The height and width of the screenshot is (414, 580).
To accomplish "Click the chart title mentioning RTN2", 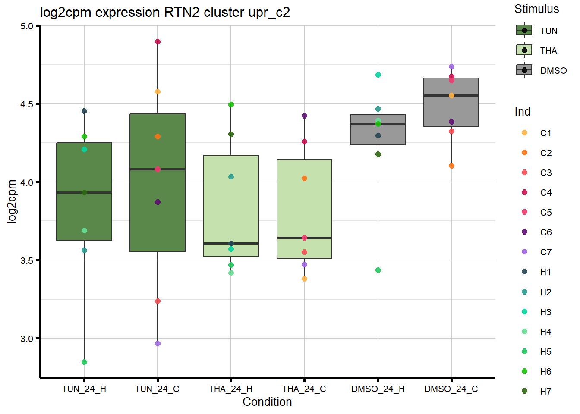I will [x=165, y=13].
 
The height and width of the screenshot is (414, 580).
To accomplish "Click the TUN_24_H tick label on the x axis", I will [x=84, y=389].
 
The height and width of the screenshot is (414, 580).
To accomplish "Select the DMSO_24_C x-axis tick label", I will [x=451, y=389].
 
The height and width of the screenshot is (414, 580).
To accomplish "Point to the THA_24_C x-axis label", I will [x=304, y=389].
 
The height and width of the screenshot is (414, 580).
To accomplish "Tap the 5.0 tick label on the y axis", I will [x=26, y=26].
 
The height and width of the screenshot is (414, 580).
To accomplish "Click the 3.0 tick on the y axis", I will [x=26, y=339].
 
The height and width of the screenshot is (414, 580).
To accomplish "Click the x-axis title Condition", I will [x=267, y=402].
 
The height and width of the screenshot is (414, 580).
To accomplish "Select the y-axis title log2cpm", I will [x=12, y=201].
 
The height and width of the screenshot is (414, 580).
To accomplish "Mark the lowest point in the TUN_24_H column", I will [x=84, y=362].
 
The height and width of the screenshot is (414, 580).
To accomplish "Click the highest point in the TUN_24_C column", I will [x=158, y=42].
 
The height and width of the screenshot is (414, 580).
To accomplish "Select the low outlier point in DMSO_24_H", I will [x=378, y=270].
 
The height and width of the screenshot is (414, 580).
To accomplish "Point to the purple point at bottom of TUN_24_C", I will [x=158, y=344].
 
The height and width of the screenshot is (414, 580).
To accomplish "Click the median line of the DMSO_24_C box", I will [x=451, y=95].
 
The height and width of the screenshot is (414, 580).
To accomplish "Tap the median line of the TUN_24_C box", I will [x=158, y=169].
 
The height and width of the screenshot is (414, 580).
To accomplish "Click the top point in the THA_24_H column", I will [x=231, y=105].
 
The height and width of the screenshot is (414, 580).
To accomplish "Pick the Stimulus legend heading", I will [x=536, y=9].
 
